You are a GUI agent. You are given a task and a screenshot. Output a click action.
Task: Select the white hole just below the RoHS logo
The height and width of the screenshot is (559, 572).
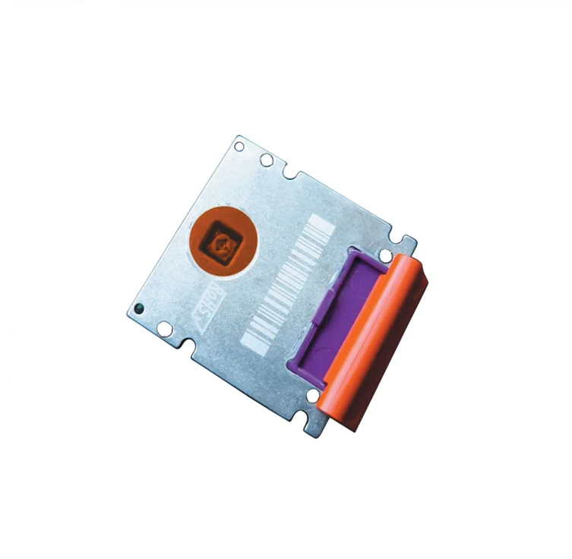pyautogui.click(x=164, y=328)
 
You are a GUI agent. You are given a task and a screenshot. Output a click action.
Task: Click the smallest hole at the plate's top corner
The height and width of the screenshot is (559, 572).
pyautogui.click(x=240, y=146)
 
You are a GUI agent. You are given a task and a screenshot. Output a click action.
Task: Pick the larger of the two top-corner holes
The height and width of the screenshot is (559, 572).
pyautogui.click(x=267, y=160)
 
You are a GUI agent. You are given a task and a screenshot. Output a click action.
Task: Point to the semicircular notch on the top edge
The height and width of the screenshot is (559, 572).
pyautogui.click(x=291, y=174)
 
